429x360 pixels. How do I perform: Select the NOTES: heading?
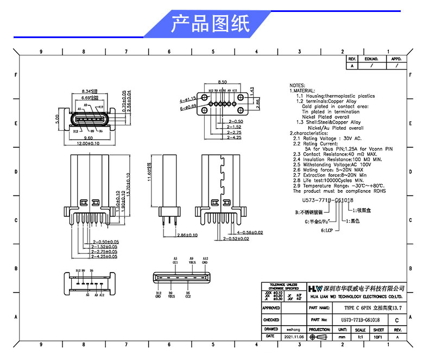[297, 86]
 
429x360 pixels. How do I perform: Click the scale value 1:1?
[360, 337]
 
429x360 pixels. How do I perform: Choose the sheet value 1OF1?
[378, 337]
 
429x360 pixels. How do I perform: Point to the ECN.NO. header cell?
[371, 59]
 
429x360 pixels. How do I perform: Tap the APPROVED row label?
[271, 308]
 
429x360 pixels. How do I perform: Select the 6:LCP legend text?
[328, 231]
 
